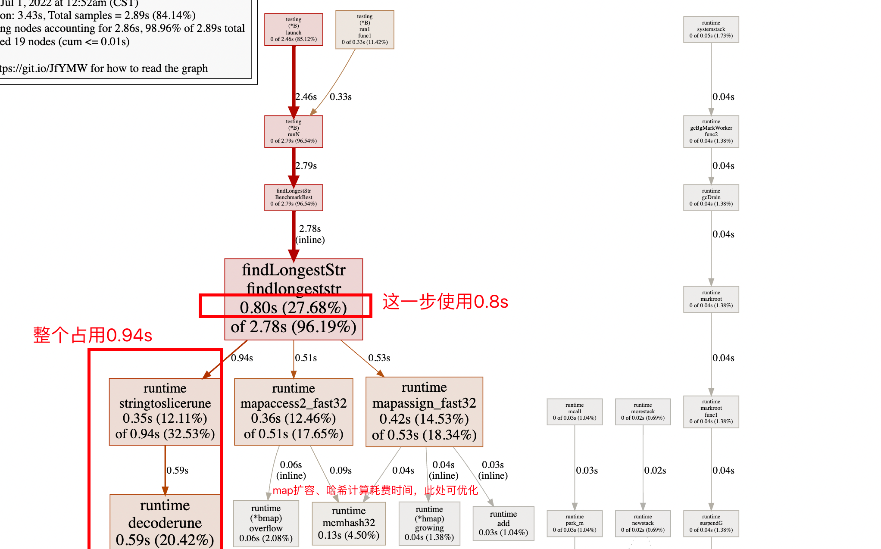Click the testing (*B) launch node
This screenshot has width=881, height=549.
click(x=294, y=29)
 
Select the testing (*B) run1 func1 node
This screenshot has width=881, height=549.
click(x=365, y=29)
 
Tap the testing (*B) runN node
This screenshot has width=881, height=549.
click(x=294, y=131)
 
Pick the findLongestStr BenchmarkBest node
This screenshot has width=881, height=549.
click(x=294, y=197)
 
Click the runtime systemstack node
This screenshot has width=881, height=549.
click(x=711, y=29)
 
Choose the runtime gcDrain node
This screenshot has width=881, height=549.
click(x=711, y=197)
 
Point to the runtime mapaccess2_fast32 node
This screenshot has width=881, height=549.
click(x=294, y=411)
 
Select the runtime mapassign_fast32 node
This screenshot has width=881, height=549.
click(x=424, y=412)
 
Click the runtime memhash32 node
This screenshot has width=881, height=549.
click(x=349, y=523)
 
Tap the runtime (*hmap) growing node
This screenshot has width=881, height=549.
click(x=429, y=523)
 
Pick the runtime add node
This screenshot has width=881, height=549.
click(x=503, y=523)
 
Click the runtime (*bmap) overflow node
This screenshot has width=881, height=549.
click(x=266, y=523)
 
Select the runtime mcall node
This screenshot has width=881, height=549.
click(x=575, y=412)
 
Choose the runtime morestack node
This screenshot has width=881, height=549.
click(x=643, y=412)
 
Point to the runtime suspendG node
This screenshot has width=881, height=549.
click(x=711, y=523)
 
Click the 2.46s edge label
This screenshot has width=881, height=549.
click(x=306, y=97)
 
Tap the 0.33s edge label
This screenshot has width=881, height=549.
click(x=341, y=97)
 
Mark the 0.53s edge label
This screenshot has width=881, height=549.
click(x=379, y=358)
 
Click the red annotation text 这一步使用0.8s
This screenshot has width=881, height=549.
click(x=445, y=302)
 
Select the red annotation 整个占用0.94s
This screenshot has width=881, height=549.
click(x=93, y=335)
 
